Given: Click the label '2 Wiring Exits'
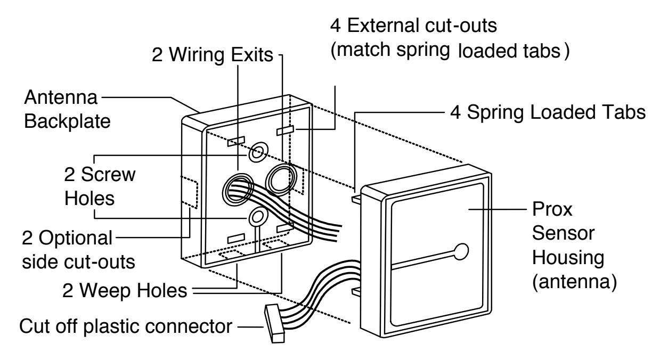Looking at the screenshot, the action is pos(213,55).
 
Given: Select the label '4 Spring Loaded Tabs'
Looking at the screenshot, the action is pos(548,112).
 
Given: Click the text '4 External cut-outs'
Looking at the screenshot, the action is pos(413,26).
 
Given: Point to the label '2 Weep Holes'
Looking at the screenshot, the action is pos(125,290).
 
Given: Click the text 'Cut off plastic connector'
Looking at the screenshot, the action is pos(126,326).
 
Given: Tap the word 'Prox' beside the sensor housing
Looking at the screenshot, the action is pos(552,209).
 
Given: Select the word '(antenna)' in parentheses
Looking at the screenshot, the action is pos(574,282).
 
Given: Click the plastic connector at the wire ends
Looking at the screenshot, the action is pos(274,323).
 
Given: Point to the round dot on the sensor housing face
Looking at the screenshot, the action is pos(461,251).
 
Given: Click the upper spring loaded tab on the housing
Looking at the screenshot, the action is pos(357,199).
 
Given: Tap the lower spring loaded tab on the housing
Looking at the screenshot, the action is pos(357,291).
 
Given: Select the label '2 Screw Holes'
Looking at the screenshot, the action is pos(100,186).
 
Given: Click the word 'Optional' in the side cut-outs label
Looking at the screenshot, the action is pos(76,239).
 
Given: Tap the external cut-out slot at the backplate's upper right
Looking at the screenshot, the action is pos(286,130).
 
